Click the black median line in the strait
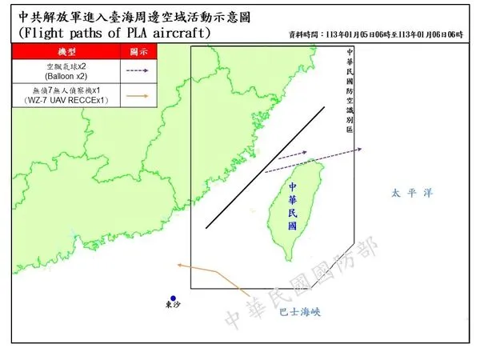pos(265,167)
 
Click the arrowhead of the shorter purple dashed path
pos(305,151)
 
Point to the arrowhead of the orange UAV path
pos(179,263)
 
